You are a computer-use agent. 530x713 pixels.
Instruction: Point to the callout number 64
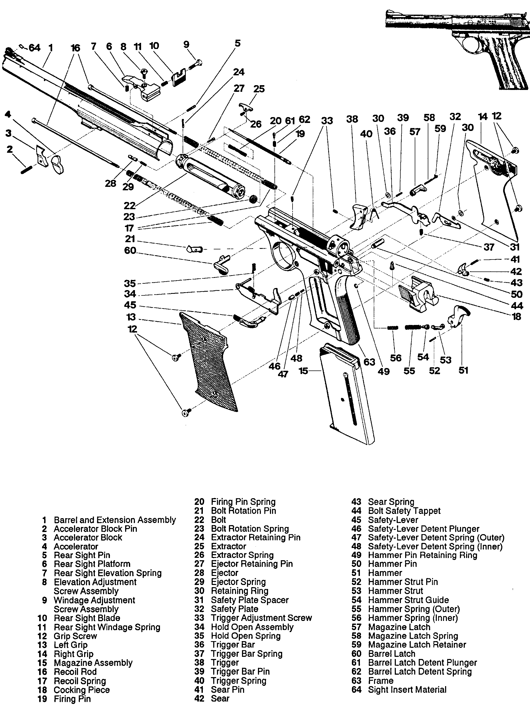coord(35,48)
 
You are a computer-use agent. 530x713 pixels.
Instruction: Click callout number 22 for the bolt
coord(130,205)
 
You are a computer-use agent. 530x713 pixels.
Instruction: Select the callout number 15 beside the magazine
coord(303,371)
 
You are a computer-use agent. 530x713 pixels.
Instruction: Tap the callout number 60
coord(130,250)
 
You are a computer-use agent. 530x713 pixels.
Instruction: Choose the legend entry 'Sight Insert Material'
coord(407,690)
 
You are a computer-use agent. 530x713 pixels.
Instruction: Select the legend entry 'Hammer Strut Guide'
coord(408,600)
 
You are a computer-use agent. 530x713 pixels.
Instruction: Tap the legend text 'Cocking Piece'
coord(81,690)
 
